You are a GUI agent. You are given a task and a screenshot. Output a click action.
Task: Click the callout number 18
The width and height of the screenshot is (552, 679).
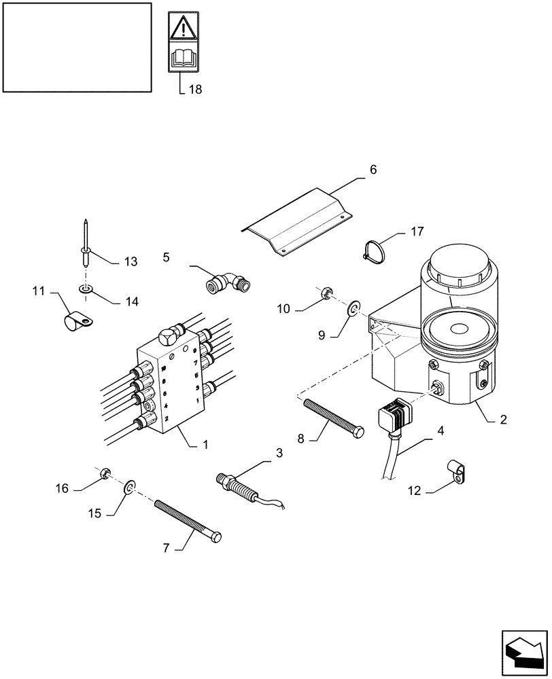[x=195, y=89]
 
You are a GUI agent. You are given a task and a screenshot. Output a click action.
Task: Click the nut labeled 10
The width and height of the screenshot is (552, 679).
[x=326, y=294]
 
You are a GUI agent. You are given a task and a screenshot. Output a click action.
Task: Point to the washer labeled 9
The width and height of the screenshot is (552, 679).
[x=352, y=310]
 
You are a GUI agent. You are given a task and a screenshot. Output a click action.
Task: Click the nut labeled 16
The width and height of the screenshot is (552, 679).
[x=104, y=473]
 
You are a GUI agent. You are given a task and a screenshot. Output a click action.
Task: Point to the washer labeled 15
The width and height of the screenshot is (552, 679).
[x=129, y=487]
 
